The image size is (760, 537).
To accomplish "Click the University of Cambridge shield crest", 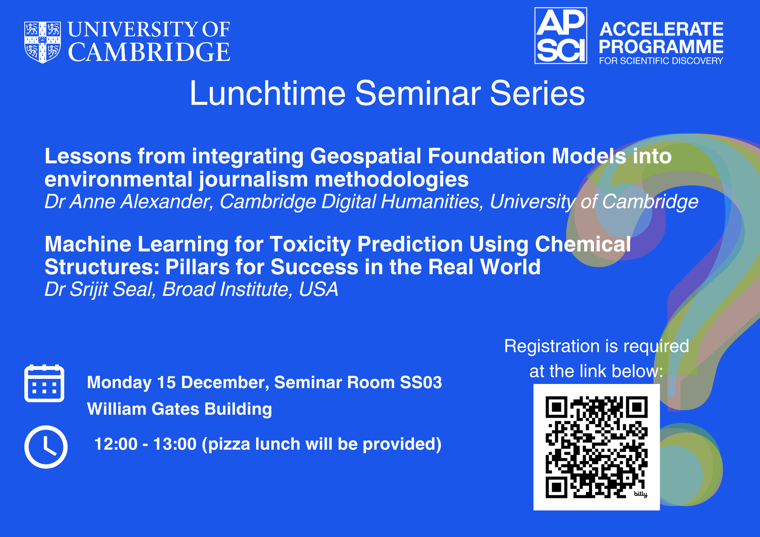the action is pyautogui.click(x=43, y=42).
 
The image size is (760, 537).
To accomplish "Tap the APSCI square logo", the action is pyautogui.click(x=561, y=36).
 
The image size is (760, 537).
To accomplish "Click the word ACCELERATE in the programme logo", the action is pyautogui.click(x=662, y=29).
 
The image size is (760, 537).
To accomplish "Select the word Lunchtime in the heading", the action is pyautogui.click(x=268, y=93).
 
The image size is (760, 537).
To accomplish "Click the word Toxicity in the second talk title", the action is pyautogui.click(x=310, y=245).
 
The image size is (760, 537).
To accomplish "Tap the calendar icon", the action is pyautogui.click(x=44, y=383).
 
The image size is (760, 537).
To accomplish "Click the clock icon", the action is pyautogui.click(x=46, y=447).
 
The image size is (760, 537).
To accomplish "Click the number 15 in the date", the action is pyautogui.click(x=166, y=382).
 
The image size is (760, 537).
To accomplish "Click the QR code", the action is pyautogui.click(x=597, y=447).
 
